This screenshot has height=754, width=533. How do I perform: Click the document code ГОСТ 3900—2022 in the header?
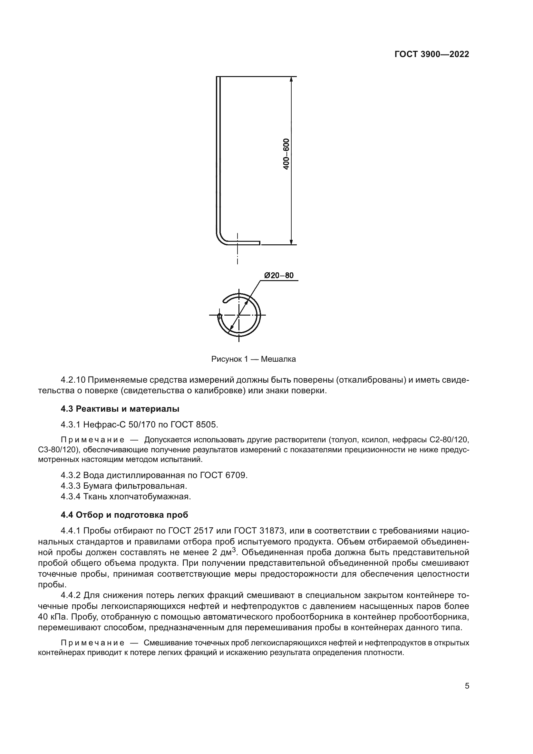(x=431, y=54)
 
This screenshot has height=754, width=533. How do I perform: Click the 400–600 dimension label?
(x=286, y=154)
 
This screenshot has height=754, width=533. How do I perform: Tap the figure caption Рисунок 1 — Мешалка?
(x=253, y=359)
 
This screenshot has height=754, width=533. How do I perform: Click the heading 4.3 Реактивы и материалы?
(x=120, y=409)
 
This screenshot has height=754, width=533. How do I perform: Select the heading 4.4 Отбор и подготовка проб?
(x=124, y=515)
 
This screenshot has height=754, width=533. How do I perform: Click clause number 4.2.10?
(x=73, y=380)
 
